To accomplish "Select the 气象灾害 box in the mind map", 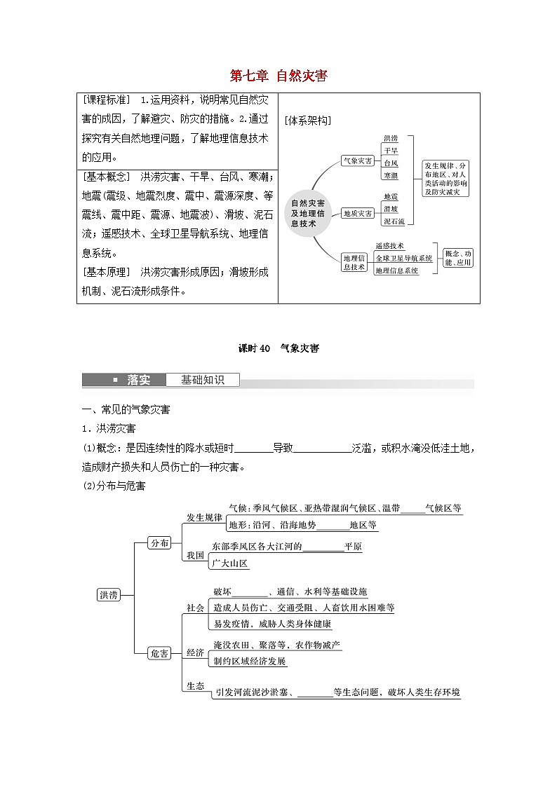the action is click(358, 161).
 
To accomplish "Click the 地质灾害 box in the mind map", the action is click(358, 213).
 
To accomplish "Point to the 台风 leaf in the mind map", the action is click(391, 163).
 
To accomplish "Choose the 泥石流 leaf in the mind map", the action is click(394, 221).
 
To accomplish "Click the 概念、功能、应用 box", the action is click(458, 258).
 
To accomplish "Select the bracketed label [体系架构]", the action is click(308, 121).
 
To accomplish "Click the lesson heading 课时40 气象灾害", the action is click(278, 348).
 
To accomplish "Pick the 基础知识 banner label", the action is click(202, 381).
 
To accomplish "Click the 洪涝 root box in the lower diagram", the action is click(109, 595).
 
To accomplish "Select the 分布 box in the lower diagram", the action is click(160, 542).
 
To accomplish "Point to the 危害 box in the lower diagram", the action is click(160, 653).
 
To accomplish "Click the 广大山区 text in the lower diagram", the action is click(231, 563).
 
